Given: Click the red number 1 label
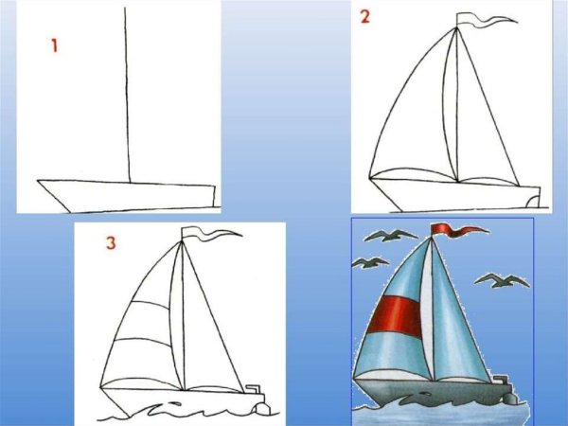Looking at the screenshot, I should [55, 45].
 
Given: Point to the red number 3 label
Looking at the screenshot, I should [111, 244].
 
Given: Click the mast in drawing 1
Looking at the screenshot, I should [127, 95].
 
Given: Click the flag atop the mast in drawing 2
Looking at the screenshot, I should [473, 20].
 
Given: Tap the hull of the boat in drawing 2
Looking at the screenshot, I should [454, 195].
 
